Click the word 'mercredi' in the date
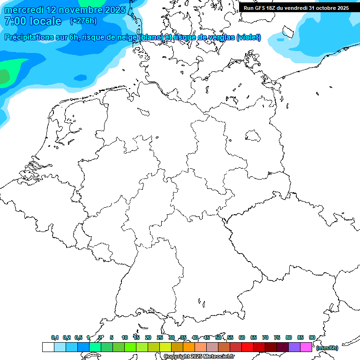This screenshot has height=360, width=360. pos(24,10)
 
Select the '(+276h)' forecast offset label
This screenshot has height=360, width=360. pos(84,21)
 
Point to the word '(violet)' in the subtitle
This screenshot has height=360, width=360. pos(249,37)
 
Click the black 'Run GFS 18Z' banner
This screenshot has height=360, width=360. pos(296,8)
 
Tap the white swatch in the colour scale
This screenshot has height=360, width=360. pos(48,347)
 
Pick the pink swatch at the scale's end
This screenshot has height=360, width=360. pos(306,347)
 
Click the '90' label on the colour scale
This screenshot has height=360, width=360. pos(312,337)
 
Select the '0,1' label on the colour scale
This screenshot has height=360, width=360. pos(55,337)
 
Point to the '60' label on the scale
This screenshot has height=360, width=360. pos(242,337)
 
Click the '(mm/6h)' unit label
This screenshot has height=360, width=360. pos(327,348)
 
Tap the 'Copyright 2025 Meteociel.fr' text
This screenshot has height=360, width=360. pos(199,356)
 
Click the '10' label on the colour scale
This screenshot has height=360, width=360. pos(125,337)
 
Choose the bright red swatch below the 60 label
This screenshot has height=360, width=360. pos(247,347)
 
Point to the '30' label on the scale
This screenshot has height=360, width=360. pos(172,337)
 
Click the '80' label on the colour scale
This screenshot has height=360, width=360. pos(289,337)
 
